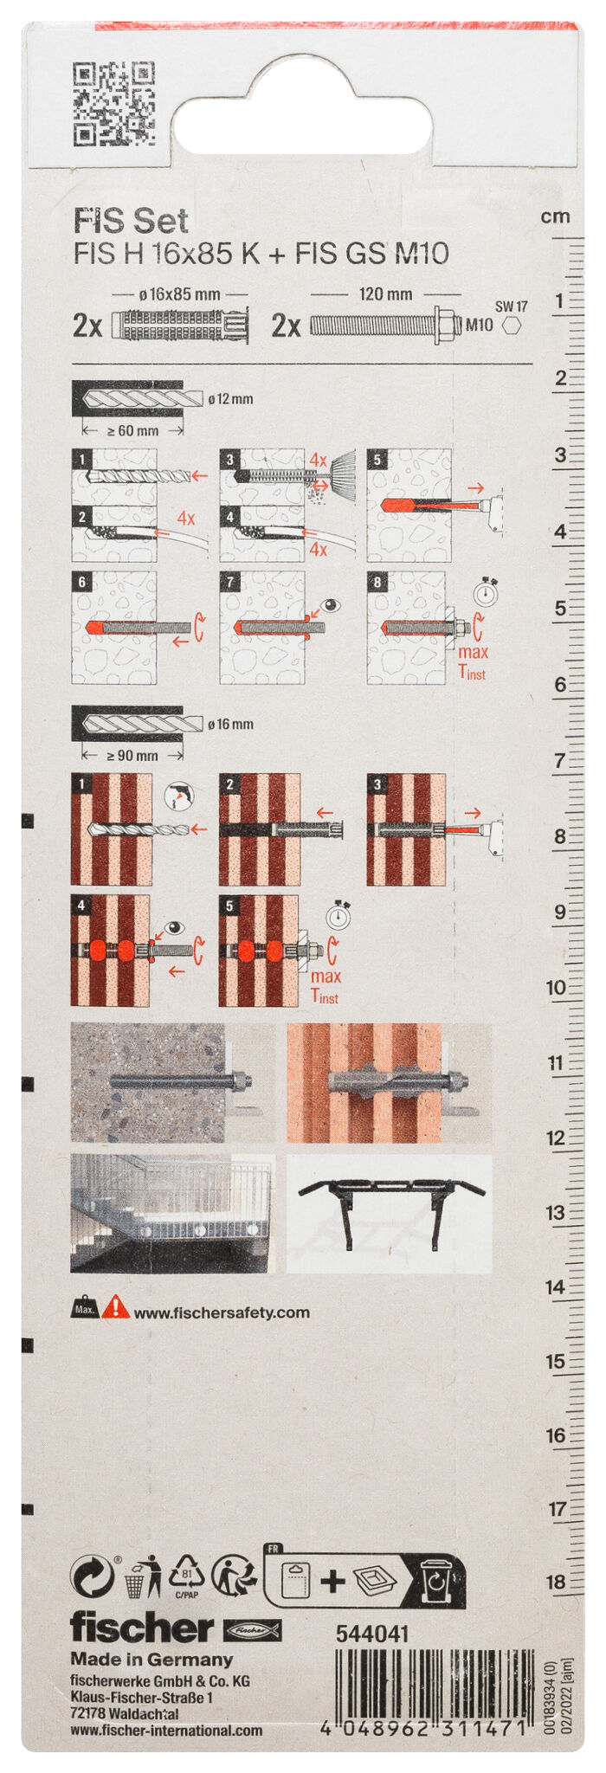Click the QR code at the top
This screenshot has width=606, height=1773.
113,104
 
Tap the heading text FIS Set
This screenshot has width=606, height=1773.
131,222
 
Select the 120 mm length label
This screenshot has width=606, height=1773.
385,294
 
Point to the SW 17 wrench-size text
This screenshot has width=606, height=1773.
511,306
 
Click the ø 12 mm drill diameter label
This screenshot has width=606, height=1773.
230,399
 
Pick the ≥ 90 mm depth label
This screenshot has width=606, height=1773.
132,756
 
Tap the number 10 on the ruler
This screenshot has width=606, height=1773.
556,987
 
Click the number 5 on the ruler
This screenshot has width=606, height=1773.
559,609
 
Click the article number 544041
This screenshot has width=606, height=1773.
371,1634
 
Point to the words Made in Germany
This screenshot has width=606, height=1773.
151,1660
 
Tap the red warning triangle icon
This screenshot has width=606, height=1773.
115,1308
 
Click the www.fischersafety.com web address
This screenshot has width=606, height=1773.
222,1312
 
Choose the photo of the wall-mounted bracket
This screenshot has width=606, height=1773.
389,1214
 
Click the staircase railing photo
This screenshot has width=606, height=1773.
172,1214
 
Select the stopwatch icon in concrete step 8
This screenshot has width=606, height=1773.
485,592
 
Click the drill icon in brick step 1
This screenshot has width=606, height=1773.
179,796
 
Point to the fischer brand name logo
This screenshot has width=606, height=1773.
141,1628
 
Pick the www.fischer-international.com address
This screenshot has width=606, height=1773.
166,1731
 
